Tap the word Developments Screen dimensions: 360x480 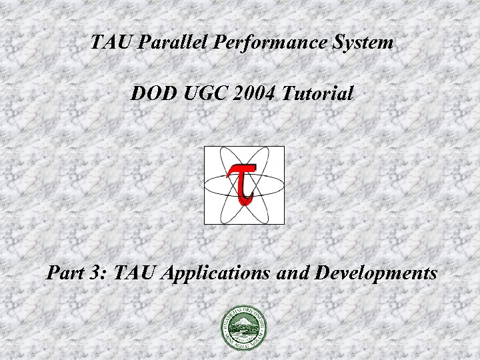[x=374, y=274]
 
